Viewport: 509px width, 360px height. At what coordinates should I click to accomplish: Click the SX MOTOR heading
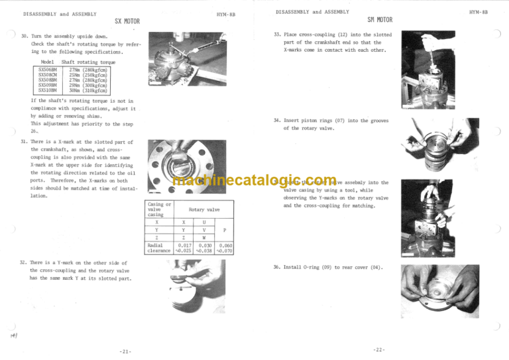click(x=127, y=21)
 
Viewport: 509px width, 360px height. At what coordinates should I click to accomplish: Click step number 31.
click(x=25, y=142)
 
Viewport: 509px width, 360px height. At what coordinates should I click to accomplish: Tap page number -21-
click(x=127, y=350)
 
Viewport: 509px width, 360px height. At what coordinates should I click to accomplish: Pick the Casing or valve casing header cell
click(x=160, y=210)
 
